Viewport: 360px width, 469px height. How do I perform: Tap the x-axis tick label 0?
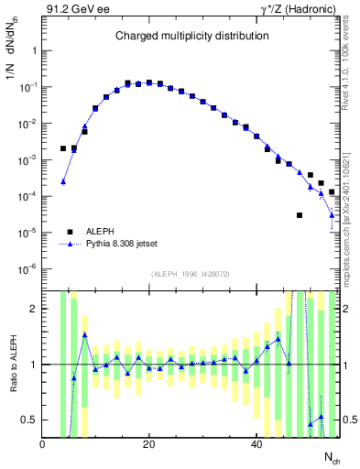pyautogui.click(x=43, y=444)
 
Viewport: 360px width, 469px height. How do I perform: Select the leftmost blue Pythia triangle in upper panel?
pyautogui.click(x=63, y=181)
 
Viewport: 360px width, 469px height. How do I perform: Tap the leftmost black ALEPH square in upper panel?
pyautogui.click(x=63, y=148)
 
